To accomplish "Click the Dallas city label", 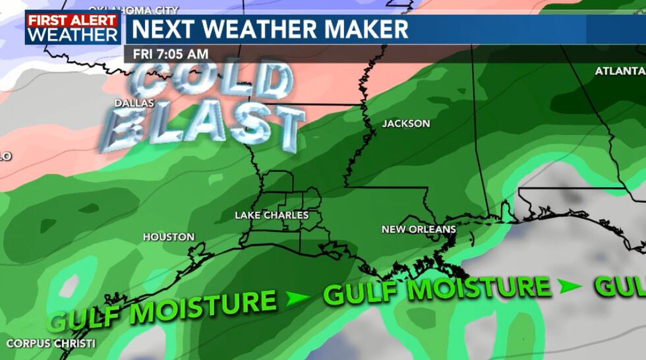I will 134,104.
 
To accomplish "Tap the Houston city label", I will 169,237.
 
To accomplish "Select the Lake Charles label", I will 272,215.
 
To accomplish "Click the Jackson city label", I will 406,123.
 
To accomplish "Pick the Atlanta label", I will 620,71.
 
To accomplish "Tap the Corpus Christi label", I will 51,344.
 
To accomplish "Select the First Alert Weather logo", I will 73,28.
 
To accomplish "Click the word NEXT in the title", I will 161,29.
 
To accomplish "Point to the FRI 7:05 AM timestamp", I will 171,54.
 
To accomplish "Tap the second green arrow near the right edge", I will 570,286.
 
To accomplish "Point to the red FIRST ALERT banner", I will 73,20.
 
